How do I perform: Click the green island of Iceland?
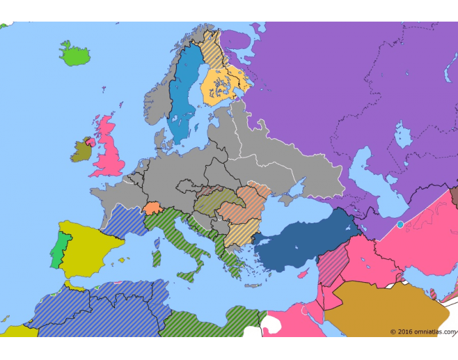(x=75, y=55)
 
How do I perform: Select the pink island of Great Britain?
(x=109, y=151)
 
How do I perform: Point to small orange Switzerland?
(x=152, y=207)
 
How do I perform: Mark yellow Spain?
(x=88, y=245)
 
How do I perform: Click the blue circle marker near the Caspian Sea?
(x=400, y=225)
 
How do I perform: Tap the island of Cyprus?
(x=302, y=274)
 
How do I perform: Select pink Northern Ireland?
(x=89, y=141)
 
